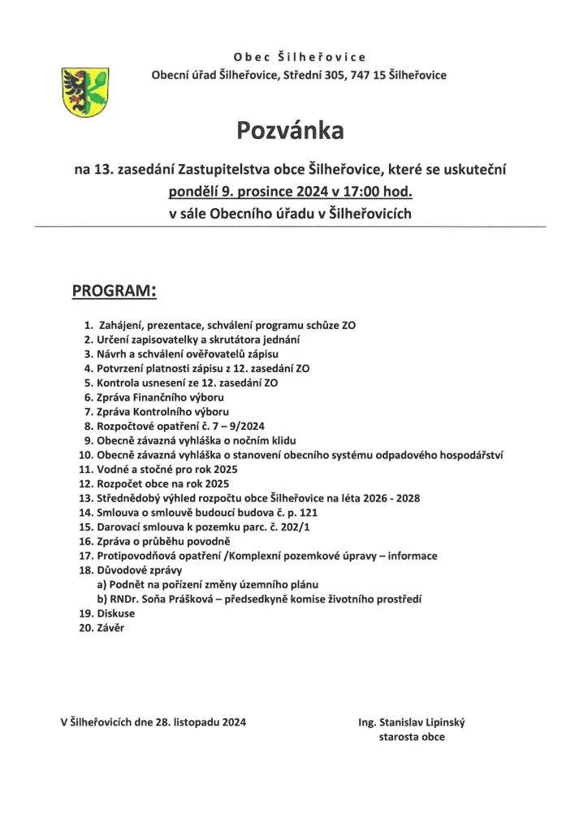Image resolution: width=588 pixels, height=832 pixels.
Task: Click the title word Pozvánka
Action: tap(291, 130)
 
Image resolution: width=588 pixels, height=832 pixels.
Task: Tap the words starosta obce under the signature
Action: tap(411, 737)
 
